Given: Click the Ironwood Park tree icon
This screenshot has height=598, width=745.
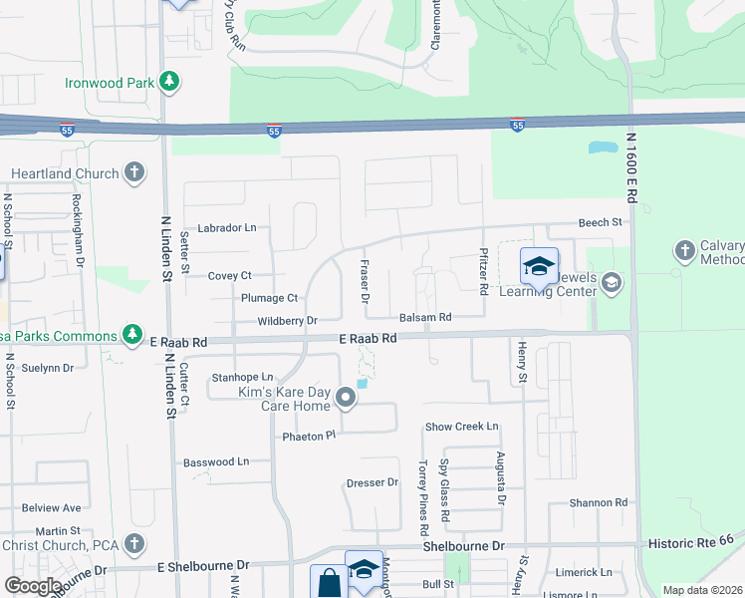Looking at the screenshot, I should (170, 82).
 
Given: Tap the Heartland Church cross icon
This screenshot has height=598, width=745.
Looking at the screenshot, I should (133, 173).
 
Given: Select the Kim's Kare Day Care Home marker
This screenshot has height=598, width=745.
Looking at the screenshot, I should (347, 399).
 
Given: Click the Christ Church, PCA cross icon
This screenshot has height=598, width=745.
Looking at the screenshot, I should (133, 544).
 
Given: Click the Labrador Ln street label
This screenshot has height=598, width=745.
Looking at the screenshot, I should (227, 228).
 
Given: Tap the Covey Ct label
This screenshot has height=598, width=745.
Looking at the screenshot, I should (229, 276).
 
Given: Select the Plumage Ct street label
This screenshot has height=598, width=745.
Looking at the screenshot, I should (269, 298).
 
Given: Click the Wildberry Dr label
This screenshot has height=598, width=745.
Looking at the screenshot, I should (286, 321).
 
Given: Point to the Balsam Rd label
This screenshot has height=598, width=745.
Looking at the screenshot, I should (425, 317).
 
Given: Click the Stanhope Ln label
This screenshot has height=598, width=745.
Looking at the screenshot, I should (242, 378).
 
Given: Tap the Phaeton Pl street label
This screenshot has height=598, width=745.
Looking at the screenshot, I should (310, 437).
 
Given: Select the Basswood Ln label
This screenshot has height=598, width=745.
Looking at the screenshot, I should (216, 462).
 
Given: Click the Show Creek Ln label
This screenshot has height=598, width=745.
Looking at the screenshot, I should (461, 427).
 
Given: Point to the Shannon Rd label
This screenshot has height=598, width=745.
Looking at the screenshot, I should (598, 503).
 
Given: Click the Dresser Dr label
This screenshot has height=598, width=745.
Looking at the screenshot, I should (372, 483).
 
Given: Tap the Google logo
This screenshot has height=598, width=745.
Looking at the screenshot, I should (33, 586).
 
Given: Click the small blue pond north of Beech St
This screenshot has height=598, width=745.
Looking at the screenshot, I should (602, 148).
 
